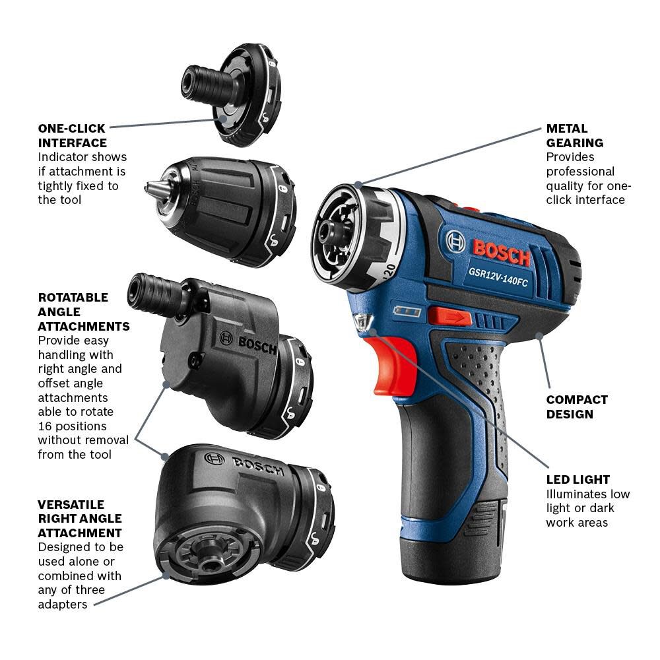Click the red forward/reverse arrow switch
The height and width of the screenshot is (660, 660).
pyautogui.click(x=449, y=316)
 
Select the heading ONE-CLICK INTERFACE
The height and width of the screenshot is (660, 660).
pyautogui.click(x=72, y=135)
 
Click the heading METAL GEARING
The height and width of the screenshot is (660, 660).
pyautogui.click(x=574, y=135)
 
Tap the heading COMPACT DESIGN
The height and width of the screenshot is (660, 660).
pyautogui.click(x=576, y=407)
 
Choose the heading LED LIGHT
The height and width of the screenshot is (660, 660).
pyautogui.click(x=577, y=479)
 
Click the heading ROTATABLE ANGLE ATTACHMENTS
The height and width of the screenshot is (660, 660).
pyautogui.click(x=83, y=312)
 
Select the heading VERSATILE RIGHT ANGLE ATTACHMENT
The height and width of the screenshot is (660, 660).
pyautogui.click(x=80, y=518)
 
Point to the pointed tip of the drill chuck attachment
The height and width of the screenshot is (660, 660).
pyautogui.click(x=148, y=189)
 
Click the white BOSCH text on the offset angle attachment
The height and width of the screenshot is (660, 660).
pyautogui.click(x=256, y=344)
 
